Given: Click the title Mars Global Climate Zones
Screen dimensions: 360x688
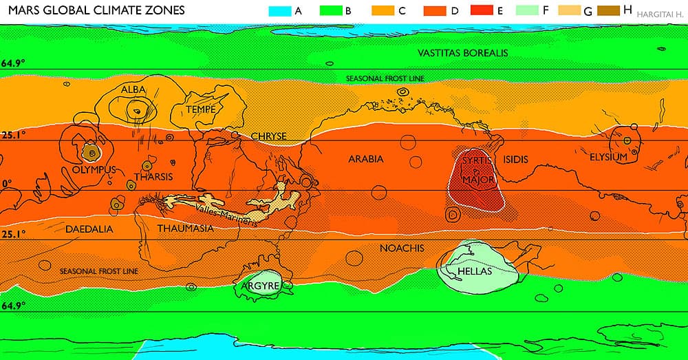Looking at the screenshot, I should pos(96,11).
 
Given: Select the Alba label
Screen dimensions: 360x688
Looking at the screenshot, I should pos(133,89).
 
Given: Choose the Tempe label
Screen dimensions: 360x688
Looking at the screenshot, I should pos(202,109).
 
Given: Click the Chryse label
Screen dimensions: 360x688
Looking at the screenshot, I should pos(268,136).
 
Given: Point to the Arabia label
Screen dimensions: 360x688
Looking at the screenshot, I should pos(365,159).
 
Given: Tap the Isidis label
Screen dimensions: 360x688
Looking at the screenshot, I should pos(516,159).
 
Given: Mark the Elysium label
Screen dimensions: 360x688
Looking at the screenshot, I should pos(608,158).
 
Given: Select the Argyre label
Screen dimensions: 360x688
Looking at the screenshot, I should pos(259,285).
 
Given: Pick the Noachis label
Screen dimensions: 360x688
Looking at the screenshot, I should pos(401,247).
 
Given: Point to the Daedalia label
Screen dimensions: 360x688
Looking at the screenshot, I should pos(89,229).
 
